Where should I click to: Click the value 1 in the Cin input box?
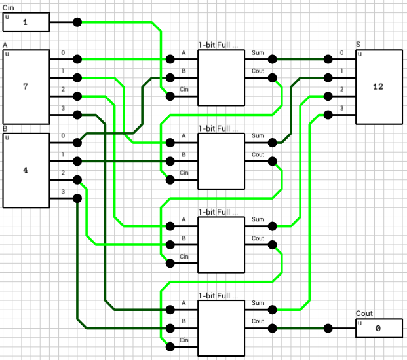point(26,22)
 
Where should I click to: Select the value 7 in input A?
point(26,86)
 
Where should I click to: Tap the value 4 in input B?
point(26,170)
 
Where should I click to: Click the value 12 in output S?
point(378,86)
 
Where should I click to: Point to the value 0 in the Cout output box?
point(378,329)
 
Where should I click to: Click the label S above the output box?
point(358,45)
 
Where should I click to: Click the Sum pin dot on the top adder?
point(272,59)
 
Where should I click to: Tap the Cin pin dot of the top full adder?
point(170,96)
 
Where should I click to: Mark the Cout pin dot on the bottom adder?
point(272,328)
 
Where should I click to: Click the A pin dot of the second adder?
point(170,142)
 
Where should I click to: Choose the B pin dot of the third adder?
point(170,245)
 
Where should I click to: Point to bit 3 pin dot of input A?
point(77,115)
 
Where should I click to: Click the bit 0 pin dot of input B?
point(77,142)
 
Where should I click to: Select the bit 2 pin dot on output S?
point(328,96)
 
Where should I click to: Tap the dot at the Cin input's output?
point(77,22)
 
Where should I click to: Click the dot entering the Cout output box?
point(328,328)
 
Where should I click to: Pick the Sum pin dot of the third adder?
point(272,226)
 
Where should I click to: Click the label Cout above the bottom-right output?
point(364,314)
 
